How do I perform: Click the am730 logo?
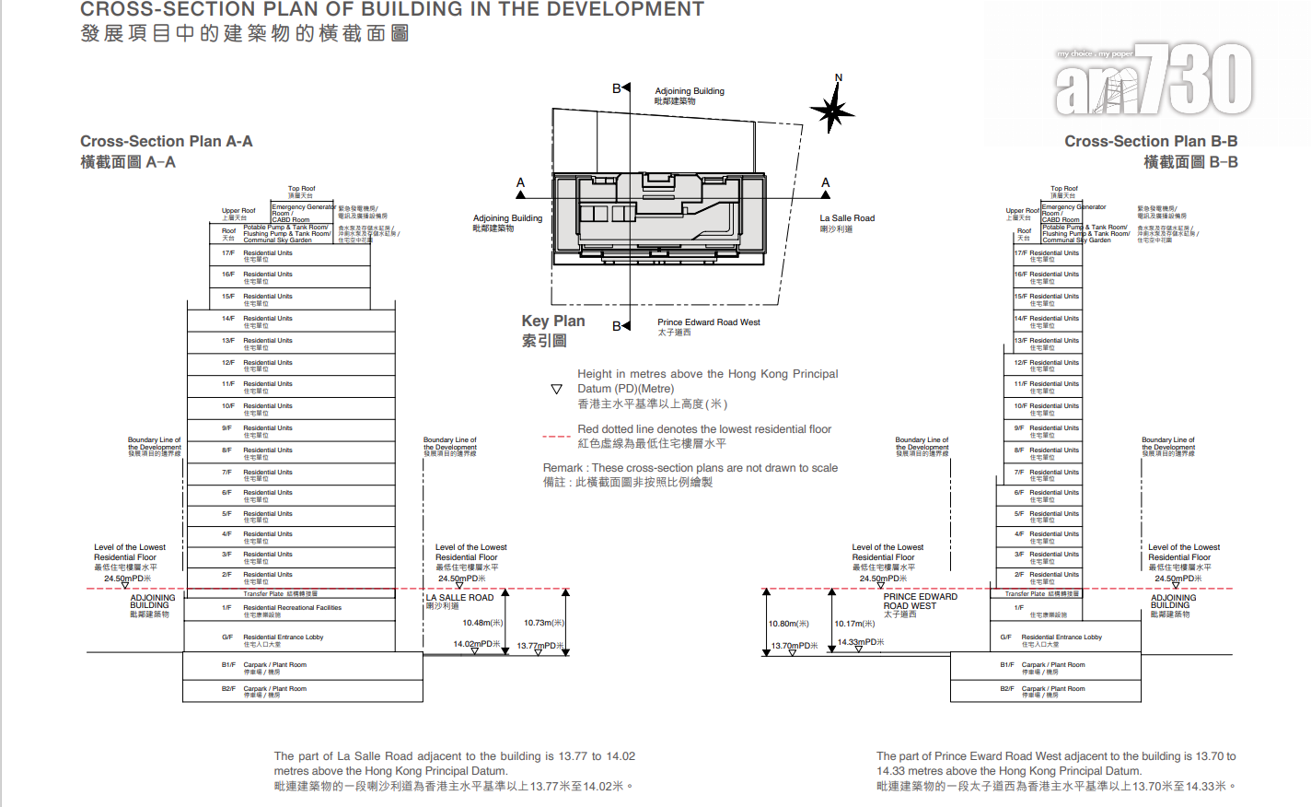tap(1153, 80)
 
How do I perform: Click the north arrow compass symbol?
tap(832, 110)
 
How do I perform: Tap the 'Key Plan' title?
tap(553, 321)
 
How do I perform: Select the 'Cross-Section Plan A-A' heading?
tap(166, 141)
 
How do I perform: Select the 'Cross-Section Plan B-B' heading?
tap(1151, 141)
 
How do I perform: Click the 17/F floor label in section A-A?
tap(227, 253)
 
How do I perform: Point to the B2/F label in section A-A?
tap(228, 689)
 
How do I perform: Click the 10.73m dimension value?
tap(543, 624)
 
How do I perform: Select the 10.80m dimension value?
tap(789, 624)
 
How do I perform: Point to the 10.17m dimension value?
tap(854, 624)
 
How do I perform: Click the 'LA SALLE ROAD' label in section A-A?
tap(459, 598)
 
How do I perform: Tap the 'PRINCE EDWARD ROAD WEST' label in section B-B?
tap(920, 601)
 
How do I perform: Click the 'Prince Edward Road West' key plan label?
tap(708, 322)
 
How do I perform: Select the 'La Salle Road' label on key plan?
tap(847, 218)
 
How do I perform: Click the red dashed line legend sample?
tap(556, 436)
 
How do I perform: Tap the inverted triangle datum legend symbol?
tap(556, 390)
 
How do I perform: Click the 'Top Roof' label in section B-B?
tap(1064, 189)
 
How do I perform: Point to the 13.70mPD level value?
tap(794, 646)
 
